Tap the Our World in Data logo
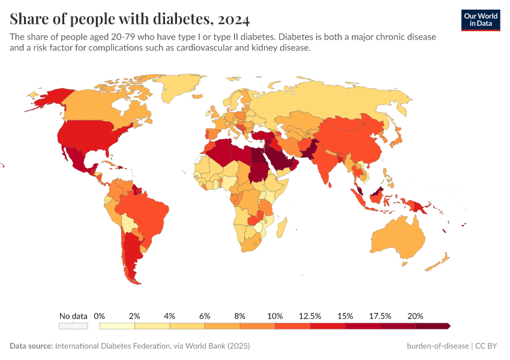click(480, 20)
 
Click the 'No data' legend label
click(73, 316)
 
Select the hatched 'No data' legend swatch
click(73, 326)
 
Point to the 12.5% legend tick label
click(311, 316)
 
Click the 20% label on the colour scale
click(415, 316)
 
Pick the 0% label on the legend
click(100, 316)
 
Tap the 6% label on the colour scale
click(205, 316)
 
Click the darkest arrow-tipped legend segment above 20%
click(433, 326)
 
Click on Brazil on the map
click(144, 210)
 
